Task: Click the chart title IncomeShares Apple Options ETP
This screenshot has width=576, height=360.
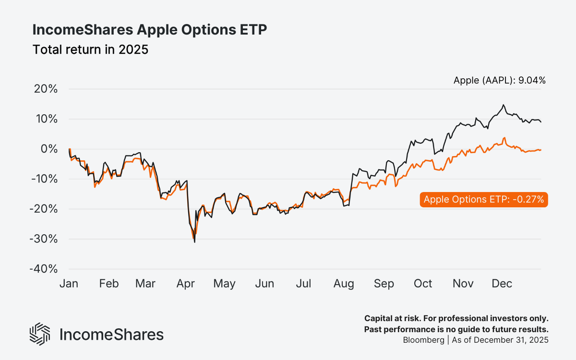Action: (x=149, y=30)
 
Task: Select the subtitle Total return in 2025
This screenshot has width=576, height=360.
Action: (x=90, y=50)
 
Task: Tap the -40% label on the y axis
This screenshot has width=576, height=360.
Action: (x=44, y=269)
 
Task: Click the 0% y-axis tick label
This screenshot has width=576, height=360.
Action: (x=49, y=149)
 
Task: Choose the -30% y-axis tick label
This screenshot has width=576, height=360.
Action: (x=44, y=239)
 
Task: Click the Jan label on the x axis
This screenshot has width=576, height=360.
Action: (x=69, y=284)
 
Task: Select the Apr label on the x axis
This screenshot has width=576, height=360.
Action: (x=185, y=284)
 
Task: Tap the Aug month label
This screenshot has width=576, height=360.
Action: (x=344, y=284)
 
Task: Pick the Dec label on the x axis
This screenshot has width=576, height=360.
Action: (x=502, y=284)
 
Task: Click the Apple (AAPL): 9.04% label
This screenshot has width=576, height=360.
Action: (x=499, y=81)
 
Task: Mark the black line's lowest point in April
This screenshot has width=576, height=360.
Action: (x=194, y=242)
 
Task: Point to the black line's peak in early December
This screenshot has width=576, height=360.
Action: (x=503, y=105)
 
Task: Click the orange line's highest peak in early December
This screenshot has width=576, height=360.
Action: (x=504, y=138)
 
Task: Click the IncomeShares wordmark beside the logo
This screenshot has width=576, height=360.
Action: (x=111, y=335)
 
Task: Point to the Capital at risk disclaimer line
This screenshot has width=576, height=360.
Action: (x=456, y=319)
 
